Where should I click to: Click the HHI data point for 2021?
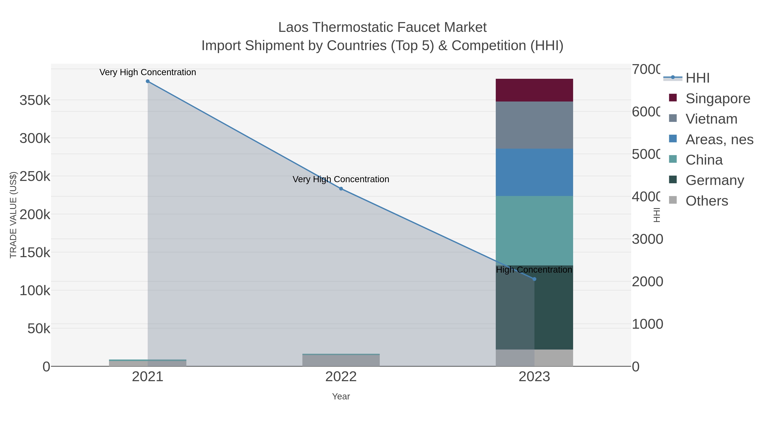coord(148,81)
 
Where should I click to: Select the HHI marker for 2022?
coord(341,189)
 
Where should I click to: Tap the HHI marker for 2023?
coord(534,279)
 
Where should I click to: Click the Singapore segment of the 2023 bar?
coord(534,90)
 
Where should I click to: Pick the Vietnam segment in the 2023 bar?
coord(534,125)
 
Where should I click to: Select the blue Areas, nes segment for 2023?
coord(534,172)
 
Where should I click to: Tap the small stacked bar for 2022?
coord(341,360)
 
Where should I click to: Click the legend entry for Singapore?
coord(717,99)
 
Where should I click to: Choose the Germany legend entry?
coord(714,180)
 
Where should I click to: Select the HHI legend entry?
coord(697,78)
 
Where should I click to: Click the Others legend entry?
coord(707,201)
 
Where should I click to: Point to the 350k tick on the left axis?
coord(35,100)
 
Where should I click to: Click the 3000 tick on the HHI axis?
coord(647,239)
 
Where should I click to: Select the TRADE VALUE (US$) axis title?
coord(13,215)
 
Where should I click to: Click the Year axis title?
coord(341,396)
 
